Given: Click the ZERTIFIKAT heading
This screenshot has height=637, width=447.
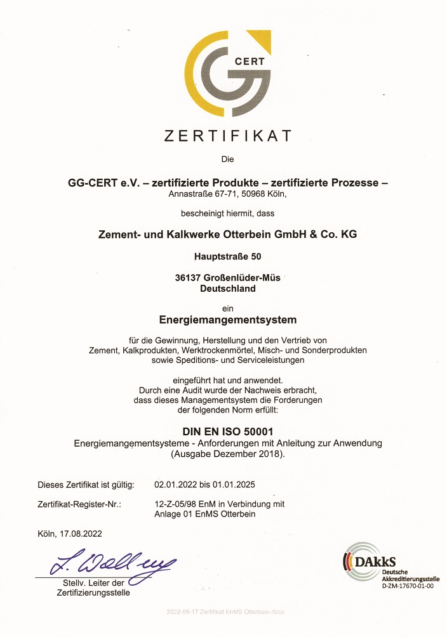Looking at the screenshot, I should pyautogui.click(x=228, y=136).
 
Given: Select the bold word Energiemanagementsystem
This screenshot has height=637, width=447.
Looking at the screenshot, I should pyautogui.click(x=228, y=319).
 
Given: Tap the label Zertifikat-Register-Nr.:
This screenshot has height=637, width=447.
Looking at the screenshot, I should pyautogui.click(x=79, y=504).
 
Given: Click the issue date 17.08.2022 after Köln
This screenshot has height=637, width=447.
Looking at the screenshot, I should pyautogui.click(x=81, y=534).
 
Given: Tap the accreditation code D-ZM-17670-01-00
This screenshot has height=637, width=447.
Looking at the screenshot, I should pyautogui.click(x=407, y=586).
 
